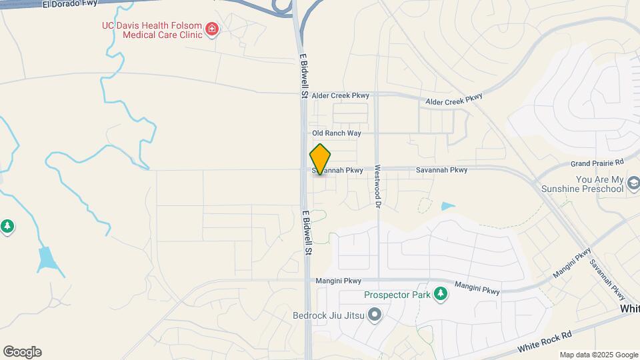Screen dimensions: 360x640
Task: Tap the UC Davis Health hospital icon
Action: [212, 29]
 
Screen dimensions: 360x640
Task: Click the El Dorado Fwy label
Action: [69, 3]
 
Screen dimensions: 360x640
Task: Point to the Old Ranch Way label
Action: [337, 133]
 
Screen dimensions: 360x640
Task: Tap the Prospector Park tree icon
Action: [439, 293]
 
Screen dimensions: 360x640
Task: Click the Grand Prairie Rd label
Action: [597, 163]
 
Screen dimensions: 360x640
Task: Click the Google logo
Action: [22, 352]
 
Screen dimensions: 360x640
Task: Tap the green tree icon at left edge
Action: [7, 227]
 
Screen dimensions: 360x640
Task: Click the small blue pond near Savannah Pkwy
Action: [447, 207]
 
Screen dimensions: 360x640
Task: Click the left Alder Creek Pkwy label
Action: [340, 96]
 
